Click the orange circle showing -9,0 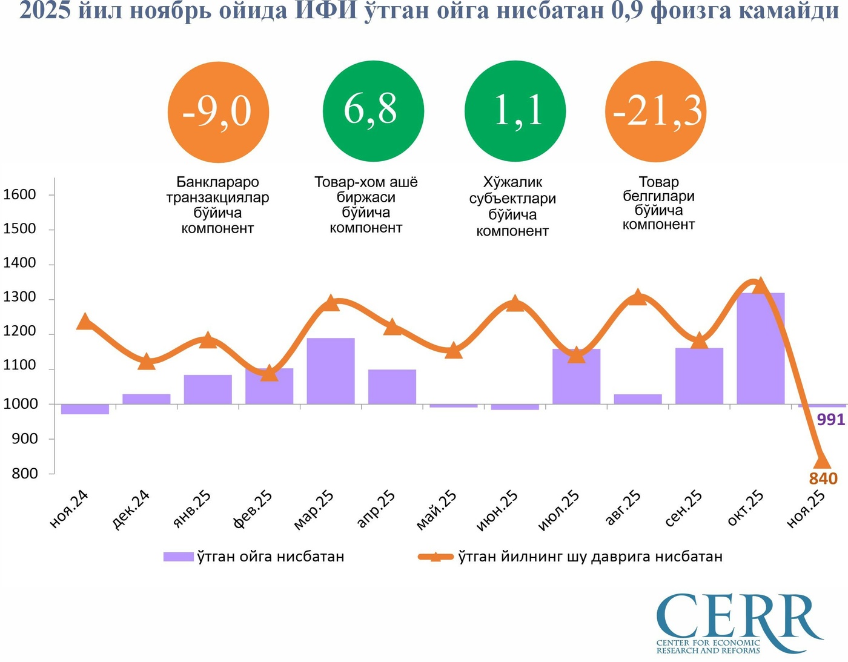(x=218, y=112)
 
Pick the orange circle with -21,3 (x=657, y=112)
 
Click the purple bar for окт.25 (x=760, y=348)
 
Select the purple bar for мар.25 (x=331, y=371)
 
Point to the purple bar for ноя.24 (x=85, y=409)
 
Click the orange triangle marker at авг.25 (x=637, y=297)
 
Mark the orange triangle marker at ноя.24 (x=85, y=321)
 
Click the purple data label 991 (x=830, y=419)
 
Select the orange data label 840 (x=823, y=478)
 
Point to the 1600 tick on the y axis (x=20, y=194)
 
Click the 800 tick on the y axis (x=25, y=474)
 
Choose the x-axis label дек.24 (x=131, y=510)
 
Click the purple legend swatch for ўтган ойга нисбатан (x=178, y=557)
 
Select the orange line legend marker (x=436, y=557)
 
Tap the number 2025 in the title (x=45, y=10)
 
